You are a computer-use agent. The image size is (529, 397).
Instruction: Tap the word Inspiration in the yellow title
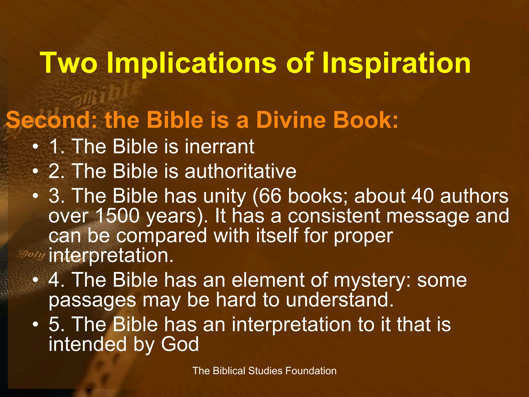pos(396,63)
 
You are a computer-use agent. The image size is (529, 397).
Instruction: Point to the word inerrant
pos(219,147)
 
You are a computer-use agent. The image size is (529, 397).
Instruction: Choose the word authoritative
pos(240,171)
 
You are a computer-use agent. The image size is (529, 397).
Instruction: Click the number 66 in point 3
pos(270,196)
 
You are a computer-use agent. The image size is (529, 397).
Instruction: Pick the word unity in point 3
pos(224,196)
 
